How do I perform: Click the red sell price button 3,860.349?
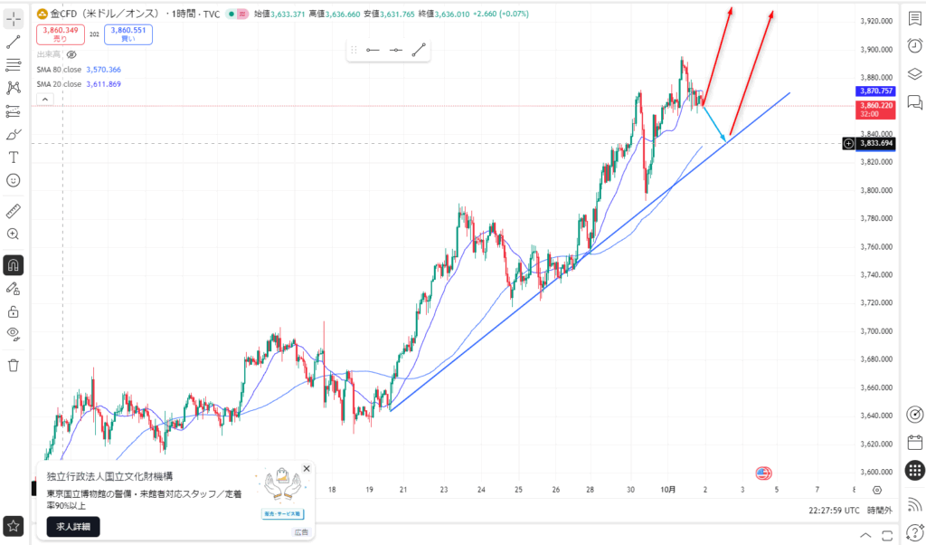(x=61, y=34)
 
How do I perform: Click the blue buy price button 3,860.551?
(x=128, y=34)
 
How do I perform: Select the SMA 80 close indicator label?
(x=80, y=69)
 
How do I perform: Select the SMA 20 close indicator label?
(x=80, y=83)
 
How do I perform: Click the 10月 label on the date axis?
(x=668, y=490)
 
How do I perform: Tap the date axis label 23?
(x=444, y=490)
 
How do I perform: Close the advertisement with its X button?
(x=307, y=469)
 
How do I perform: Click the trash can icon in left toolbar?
(x=14, y=366)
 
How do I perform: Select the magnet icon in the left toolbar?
(x=14, y=265)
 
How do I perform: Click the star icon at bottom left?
(x=14, y=525)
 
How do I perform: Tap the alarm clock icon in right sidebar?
(x=914, y=46)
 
